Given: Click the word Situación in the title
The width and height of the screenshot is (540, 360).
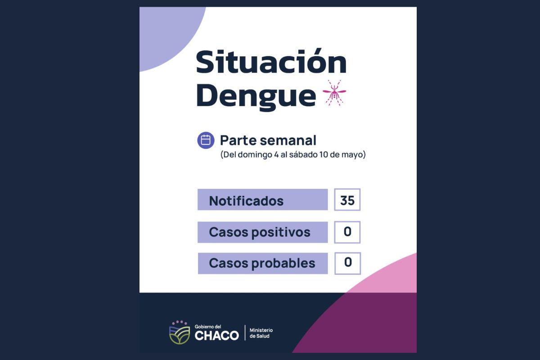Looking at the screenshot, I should (271, 63).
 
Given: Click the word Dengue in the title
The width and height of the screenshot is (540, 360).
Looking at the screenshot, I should (256, 95).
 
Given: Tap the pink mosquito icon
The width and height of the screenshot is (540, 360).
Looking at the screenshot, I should (334, 93).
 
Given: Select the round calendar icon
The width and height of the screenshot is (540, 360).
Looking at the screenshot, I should (206, 140).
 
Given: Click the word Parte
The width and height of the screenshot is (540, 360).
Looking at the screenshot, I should (236, 140).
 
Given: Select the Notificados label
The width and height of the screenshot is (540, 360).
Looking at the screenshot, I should (246, 201).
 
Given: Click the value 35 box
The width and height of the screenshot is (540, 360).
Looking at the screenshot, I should (347, 200).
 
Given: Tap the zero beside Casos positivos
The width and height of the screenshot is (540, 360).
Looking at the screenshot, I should (347, 232).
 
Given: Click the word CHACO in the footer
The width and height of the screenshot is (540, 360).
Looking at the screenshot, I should (216, 336).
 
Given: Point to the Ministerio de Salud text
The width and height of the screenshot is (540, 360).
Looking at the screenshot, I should (261, 333).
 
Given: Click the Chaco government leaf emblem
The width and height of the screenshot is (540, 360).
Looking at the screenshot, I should (180, 333).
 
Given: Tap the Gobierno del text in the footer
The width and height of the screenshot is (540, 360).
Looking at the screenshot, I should (208, 326).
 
